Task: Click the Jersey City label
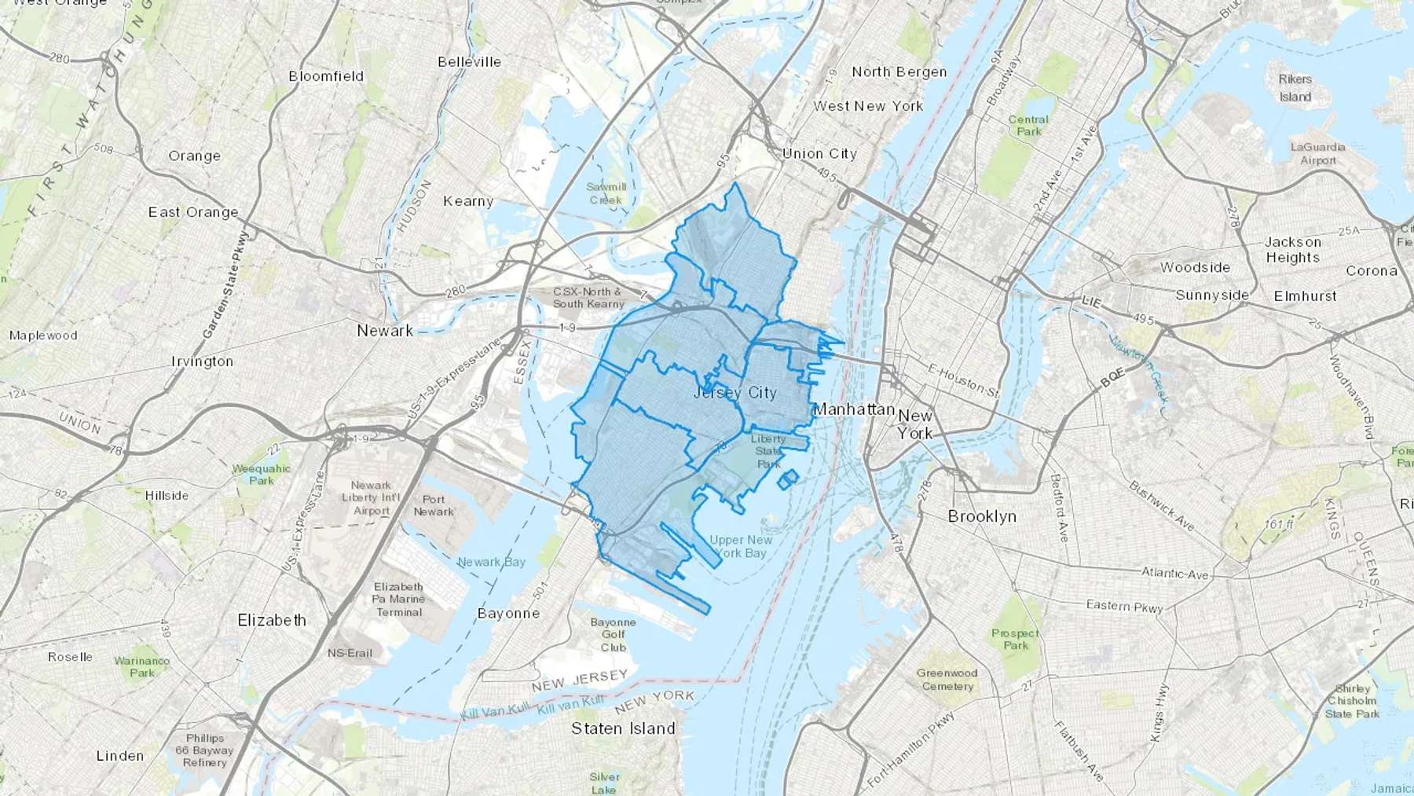735,392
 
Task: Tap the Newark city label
385,331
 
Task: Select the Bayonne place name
508,613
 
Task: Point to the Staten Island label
623,728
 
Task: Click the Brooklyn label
982,516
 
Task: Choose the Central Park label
1028,126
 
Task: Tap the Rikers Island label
1295,88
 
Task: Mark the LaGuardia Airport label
1317,153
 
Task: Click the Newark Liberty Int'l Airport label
371,497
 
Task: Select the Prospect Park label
1015,639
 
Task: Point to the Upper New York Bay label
741,546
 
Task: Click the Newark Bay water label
492,562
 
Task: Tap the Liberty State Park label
767,451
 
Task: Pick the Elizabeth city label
272,620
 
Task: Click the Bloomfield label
326,76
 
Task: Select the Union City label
819,153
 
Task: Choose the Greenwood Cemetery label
947,679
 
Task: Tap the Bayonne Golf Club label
613,634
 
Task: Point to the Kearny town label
468,201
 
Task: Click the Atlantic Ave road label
1174,574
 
